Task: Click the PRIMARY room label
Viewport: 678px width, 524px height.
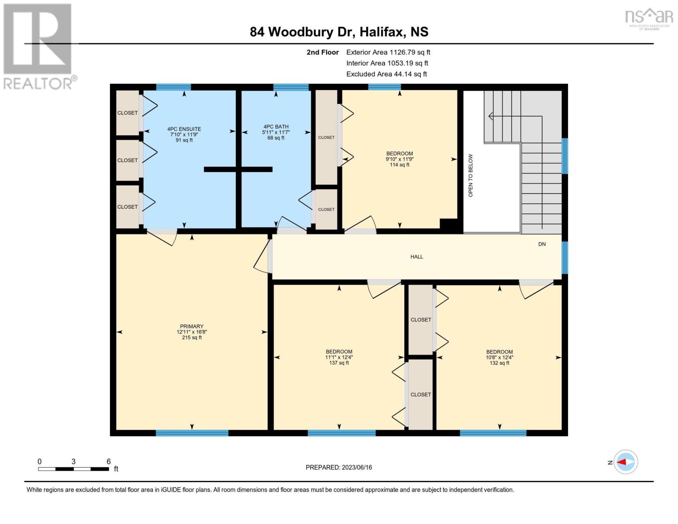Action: [x=192, y=326]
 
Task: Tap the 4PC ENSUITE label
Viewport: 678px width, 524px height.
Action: [x=184, y=129]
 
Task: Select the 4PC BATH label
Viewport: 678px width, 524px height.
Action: [x=276, y=127]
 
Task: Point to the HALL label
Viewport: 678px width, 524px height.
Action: [x=416, y=256]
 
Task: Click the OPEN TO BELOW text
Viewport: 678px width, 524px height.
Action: [x=471, y=176]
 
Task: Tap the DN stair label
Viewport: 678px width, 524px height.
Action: [x=542, y=244]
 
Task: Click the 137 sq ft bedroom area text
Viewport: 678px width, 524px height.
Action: [x=339, y=362]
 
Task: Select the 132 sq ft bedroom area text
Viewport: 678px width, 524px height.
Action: [x=499, y=363]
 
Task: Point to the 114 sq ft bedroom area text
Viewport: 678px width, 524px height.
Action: [x=400, y=165]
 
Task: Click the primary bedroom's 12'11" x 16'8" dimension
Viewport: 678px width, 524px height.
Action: [x=192, y=332]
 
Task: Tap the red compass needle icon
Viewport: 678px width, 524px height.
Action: [x=621, y=462]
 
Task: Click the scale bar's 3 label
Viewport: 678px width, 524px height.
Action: [x=73, y=462]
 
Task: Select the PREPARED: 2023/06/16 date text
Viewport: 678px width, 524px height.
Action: [x=339, y=467]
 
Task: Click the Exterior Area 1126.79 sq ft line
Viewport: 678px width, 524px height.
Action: [x=388, y=52]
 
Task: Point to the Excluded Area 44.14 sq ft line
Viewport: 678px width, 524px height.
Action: [x=386, y=74]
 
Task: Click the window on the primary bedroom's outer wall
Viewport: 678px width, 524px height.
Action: [x=192, y=433]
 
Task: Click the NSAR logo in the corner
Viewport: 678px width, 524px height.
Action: [x=649, y=19]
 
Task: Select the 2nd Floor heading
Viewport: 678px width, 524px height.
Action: [x=323, y=52]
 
